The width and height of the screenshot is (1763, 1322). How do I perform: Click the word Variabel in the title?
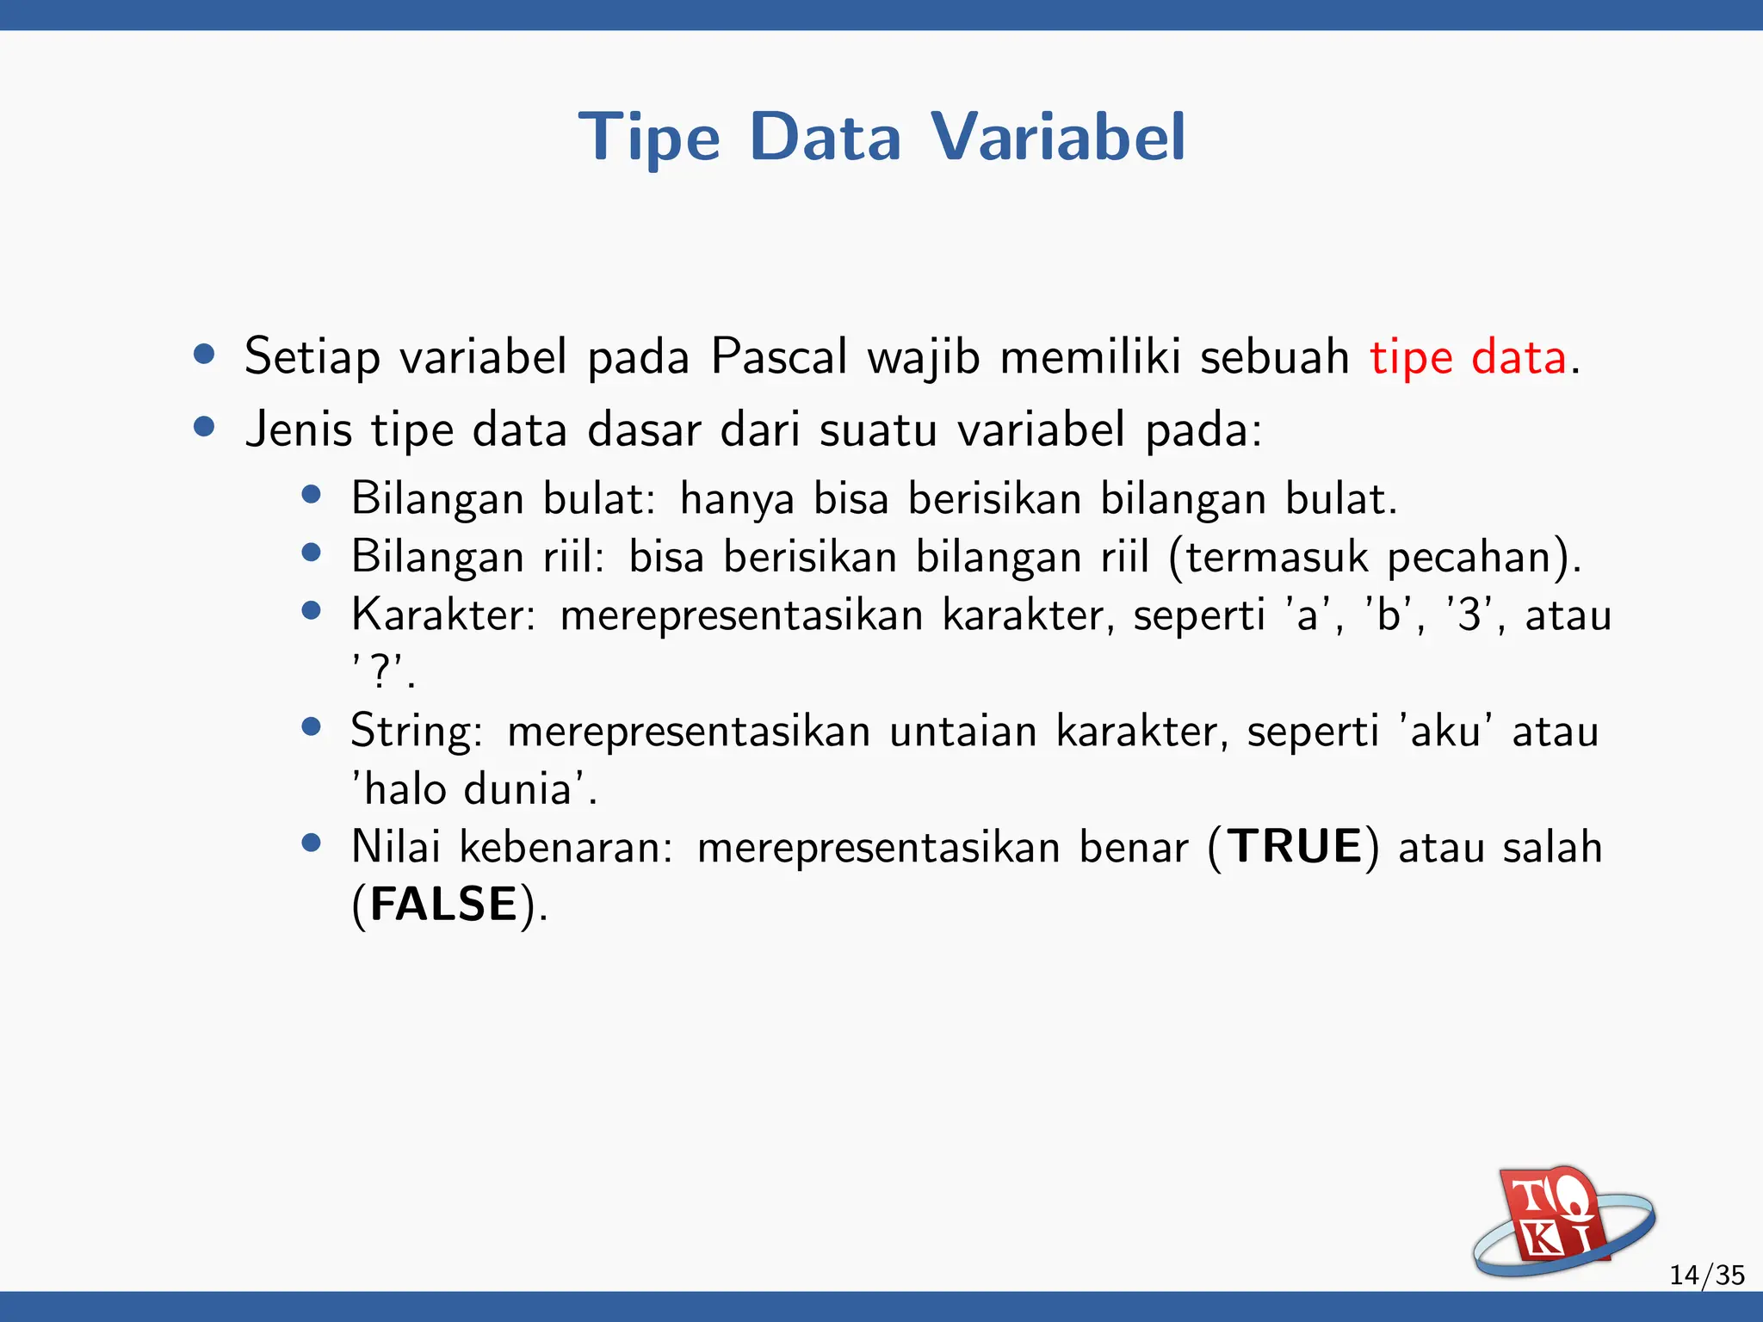click(1058, 138)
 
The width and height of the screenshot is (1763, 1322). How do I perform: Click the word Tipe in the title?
click(649, 138)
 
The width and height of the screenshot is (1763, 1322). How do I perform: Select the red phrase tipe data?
click(1468, 357)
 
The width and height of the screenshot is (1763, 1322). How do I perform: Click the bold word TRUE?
click(1295, 847)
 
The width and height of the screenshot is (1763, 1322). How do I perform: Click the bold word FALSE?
click(444, 905)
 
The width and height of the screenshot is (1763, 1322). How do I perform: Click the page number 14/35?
click(1706, 1275)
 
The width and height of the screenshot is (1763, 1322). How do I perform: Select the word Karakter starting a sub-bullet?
click(443, 615)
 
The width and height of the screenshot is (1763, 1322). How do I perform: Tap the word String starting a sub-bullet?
click(417, 732)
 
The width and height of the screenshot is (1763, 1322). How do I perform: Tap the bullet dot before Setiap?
click(204, 355)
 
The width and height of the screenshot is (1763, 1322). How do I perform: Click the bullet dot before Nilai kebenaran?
click(312, 843)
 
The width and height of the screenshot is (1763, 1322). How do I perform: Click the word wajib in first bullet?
click(924, 358)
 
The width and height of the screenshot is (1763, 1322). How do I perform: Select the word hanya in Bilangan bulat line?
click(737, 500)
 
